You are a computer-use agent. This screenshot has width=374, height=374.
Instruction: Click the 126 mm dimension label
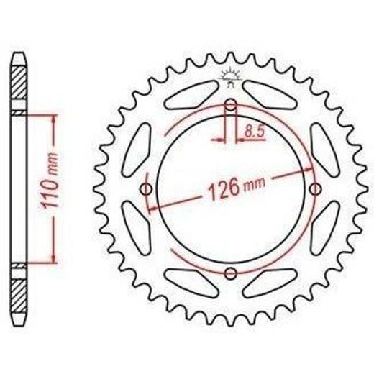(x=237, y=188)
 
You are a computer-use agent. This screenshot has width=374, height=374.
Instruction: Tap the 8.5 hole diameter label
(x=255, y=132)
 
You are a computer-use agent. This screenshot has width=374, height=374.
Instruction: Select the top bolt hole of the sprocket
(x=231, y=105)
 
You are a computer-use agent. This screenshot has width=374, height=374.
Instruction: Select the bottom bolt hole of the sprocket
(x=231, y=273)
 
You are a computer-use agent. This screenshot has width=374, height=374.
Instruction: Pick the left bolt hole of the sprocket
(x=146, y=189)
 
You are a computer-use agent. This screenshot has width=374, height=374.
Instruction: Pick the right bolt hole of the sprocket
(x=316, y=189)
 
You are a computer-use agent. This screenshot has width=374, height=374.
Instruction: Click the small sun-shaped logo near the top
(x=231, y=76)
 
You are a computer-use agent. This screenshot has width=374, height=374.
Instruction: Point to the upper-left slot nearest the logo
(x=191, y=95)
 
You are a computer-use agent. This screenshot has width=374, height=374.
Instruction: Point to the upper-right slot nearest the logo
(x=270, y=95)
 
